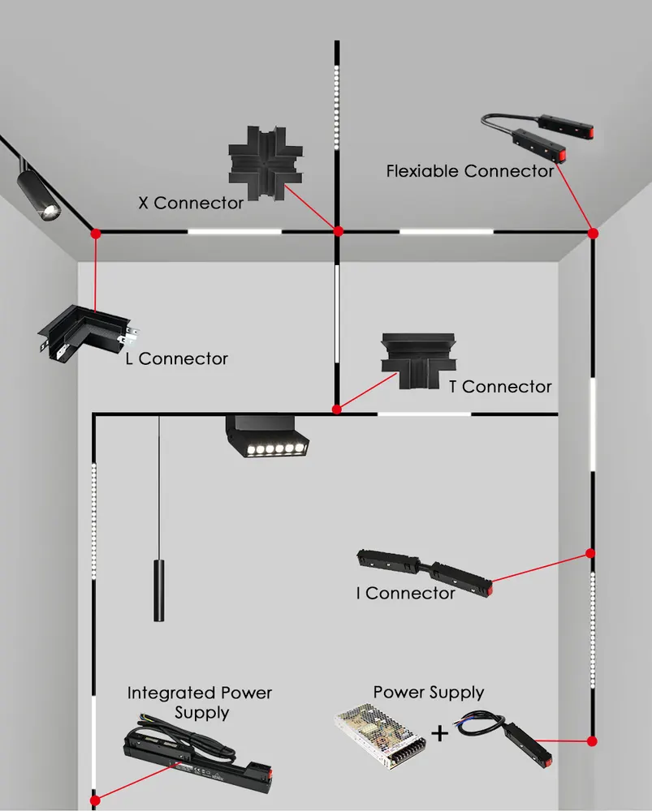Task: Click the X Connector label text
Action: point(191,203)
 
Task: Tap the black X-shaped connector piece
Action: point(266,163)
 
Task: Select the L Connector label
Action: point(176,358)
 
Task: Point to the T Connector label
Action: point(500,386)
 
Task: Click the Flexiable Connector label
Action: point(470,170)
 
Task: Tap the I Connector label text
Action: point(405,593)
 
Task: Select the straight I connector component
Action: point(425,573)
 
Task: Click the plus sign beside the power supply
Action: point(439,733)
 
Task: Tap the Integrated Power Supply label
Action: point(200,702)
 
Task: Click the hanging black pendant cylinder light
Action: point(159,590)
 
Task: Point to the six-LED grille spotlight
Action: point(267,436)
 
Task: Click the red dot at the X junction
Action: point(338,231)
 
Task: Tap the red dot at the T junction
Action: point(337,410)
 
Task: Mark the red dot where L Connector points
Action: point(96,234)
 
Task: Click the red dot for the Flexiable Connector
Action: point(593,234)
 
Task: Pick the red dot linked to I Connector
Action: point(589,553)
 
